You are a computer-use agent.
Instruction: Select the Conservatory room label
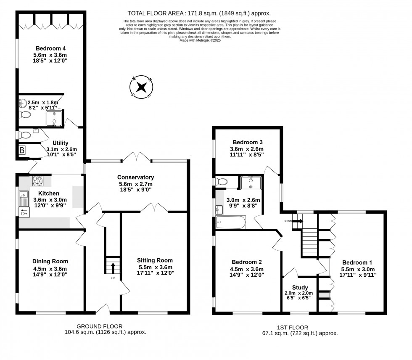pyautogui.click(x=136, y=177)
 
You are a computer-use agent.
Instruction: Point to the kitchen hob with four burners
pyautogui.click(x=38, y=181)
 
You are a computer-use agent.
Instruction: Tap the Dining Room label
pyautogui.click(x=50, y=261)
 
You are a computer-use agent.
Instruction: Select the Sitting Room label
pyautogui.click(x=155, y=260)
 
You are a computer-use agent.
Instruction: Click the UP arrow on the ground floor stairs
pyautogui.click(x=113, y=267)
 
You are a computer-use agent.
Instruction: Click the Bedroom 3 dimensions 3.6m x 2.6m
pyautogui.click(x=246, y=149)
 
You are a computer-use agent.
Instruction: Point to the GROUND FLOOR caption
pyautogui.click(x=99, y=326)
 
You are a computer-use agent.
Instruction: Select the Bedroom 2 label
pyautogui.click(x=246, y=262)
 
